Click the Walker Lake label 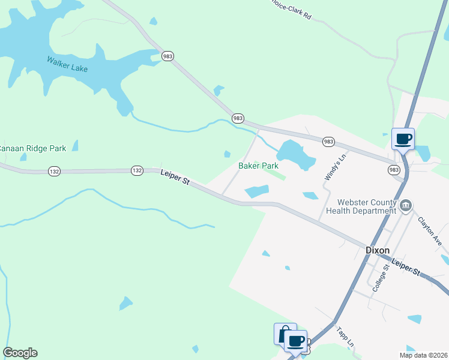[67, 64]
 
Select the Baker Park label [258, 166]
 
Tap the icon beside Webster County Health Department [406, 206]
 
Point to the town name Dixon [378, 250]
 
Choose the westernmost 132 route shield [55, 171]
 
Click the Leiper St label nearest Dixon [406, 267]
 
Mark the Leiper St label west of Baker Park [175, 178]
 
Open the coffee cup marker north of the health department [403, 139]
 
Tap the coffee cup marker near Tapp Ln [295, 341]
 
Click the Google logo [20, 353]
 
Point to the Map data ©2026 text [423, 355]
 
